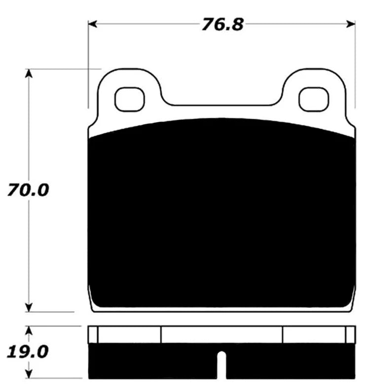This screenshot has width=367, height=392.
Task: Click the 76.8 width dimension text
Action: [x=222, y=24]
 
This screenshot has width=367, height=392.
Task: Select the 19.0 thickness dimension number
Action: [x=28, y=352]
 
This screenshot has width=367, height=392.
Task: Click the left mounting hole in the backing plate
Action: [x=130, y=99]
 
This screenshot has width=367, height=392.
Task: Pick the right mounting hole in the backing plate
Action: [x=314, y=99]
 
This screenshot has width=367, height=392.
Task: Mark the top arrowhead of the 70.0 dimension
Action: [x=29, y=73]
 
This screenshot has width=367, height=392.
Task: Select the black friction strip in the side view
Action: [x=148, y=362]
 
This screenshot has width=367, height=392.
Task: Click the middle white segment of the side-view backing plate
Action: [x=222, y=334]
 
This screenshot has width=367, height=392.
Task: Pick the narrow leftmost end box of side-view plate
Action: [x=93, y=334]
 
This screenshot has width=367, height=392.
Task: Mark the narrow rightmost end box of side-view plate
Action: [x=351, y=334]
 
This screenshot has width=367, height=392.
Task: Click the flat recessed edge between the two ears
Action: [x=222, y=105]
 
